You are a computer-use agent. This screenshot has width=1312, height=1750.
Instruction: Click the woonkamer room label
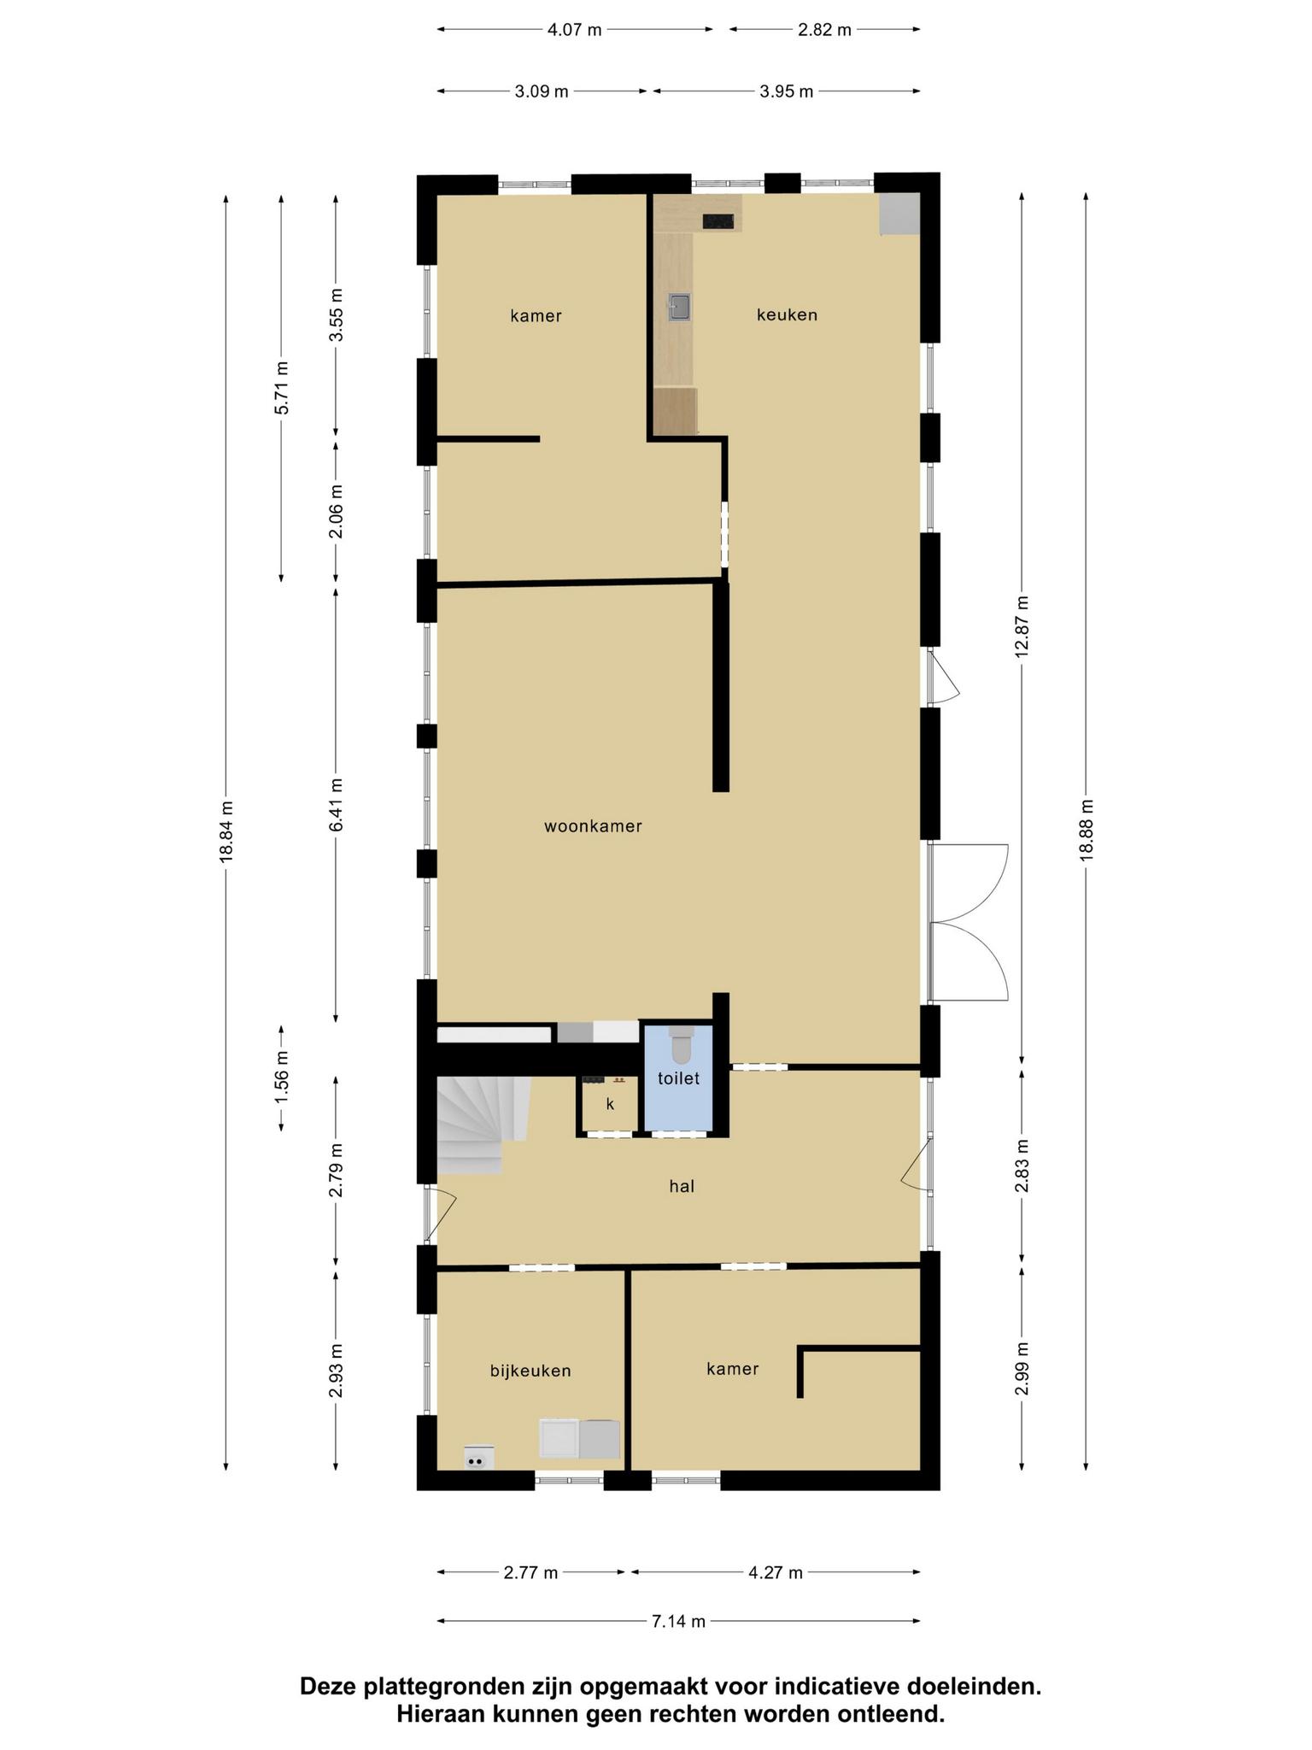(x=593, y=826)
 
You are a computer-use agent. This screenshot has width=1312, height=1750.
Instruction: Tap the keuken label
(x=787, y=314)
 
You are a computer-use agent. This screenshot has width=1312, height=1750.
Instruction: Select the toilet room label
(x=678, y=1078)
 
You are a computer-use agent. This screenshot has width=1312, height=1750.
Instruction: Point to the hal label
(x=682, y=1186)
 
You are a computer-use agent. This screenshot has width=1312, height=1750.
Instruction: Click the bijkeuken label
(x=530, y=1371)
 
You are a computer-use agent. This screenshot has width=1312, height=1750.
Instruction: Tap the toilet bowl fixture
(x=681, y=1044)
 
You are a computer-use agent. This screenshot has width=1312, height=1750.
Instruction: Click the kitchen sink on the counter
(x=680, y=307)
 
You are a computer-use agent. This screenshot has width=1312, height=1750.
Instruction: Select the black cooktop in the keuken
(x=718, y=221)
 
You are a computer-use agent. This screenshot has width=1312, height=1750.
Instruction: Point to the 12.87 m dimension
(x=1022, y=626)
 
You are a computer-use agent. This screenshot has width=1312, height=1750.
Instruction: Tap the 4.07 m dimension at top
(x=574, y=30)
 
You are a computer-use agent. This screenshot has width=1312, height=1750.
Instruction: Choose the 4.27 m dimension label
(x=776, y=1572)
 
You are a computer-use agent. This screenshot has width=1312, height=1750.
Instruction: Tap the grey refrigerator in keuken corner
(x=900, y=214)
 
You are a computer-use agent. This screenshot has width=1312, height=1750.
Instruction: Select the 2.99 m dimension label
(x=1022, y=1369)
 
